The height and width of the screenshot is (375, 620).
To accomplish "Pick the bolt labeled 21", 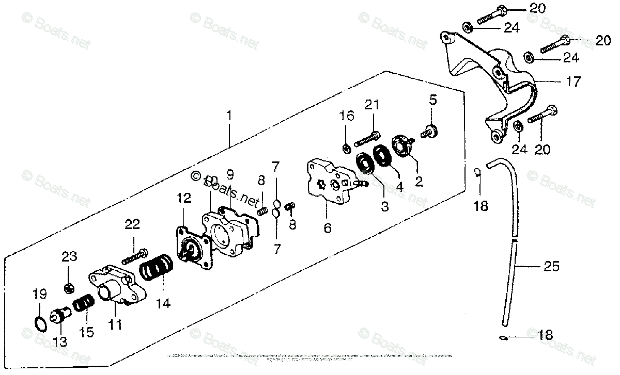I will [367, 138].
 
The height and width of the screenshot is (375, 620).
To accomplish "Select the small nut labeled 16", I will [346, 148].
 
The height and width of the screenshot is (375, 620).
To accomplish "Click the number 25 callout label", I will [551, 267].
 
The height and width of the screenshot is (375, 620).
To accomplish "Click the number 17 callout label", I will [574, 81].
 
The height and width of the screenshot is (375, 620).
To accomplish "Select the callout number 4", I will [399, 187].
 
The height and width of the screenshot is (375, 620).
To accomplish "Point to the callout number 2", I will [419, 182].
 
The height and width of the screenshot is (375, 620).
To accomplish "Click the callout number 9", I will [230, 174].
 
